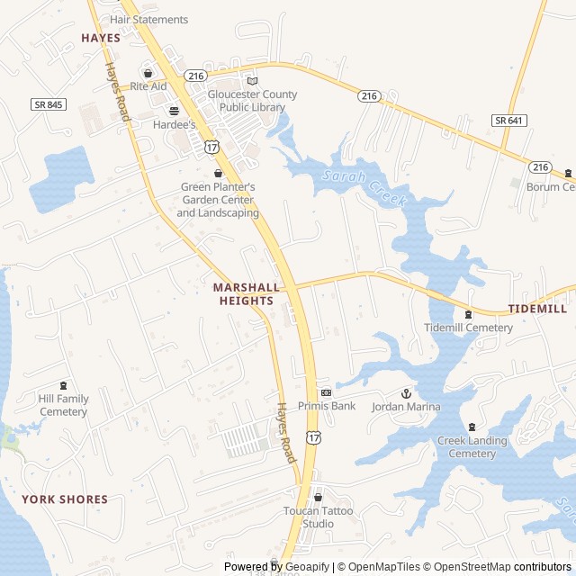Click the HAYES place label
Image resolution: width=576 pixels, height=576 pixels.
(100, 38)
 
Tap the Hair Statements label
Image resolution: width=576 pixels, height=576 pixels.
(148, 19)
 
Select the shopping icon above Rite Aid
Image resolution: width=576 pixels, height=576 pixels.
(148, 73)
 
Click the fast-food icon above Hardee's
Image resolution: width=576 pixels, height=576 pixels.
(174, 111)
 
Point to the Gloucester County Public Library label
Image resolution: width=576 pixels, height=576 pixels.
(252, 101)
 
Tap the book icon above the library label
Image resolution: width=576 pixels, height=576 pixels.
(252, 81)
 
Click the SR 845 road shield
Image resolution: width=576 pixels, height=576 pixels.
(49, 104)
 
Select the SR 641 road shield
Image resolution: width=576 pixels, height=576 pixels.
(509, 120)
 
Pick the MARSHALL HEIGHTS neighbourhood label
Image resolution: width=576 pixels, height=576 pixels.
(243, 294)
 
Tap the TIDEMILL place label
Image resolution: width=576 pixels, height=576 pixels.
(537, 309)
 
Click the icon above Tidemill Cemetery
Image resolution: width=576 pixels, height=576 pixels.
(468, 314)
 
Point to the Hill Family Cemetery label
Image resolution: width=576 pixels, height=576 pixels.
(63, 405)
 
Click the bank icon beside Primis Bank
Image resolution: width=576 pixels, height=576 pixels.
(326, 392)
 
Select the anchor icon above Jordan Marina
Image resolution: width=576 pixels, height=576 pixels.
(405, 393)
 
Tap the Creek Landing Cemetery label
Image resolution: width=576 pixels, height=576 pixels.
(472, 447)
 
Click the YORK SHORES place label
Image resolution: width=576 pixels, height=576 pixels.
(65, 499)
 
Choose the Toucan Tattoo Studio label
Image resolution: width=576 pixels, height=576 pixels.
(319, 517)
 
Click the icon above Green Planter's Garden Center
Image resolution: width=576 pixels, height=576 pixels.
(217, 173)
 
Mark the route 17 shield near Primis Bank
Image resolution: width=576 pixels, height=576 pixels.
(312, 436)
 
